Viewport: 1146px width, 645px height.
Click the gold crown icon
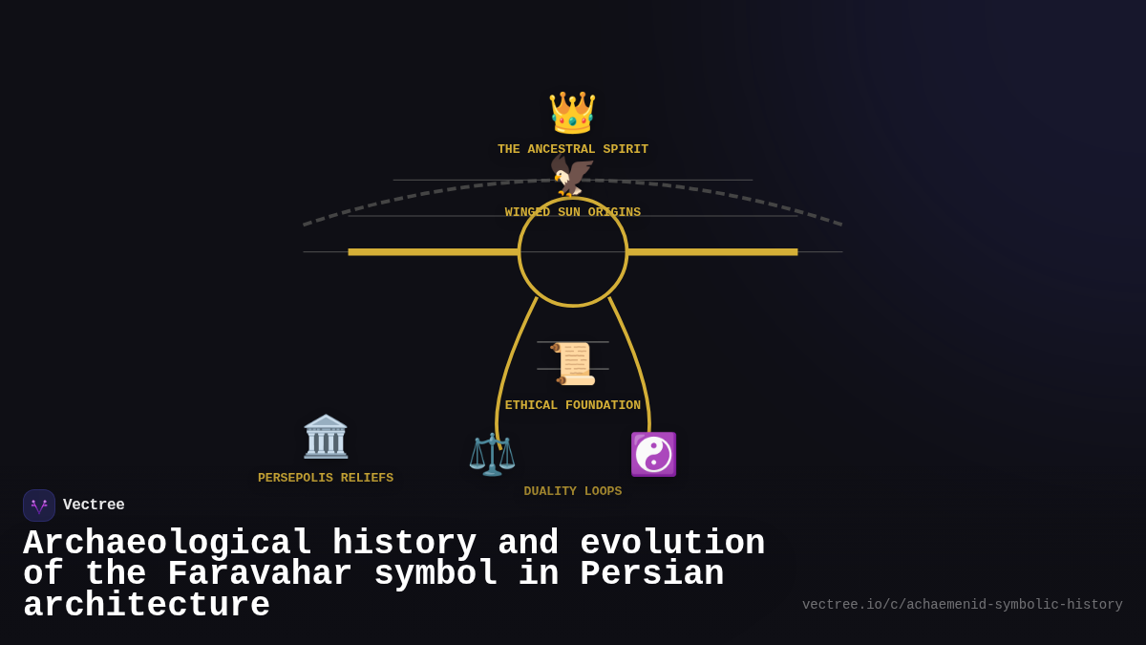point(572,113)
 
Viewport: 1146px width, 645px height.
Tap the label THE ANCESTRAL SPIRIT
point(572,150)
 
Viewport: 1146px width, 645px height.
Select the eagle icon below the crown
point(572,176)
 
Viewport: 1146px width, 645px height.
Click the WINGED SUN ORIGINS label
point(572,212)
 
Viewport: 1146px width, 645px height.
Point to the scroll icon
point(573,364)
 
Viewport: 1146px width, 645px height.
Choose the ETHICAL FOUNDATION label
point(572,406)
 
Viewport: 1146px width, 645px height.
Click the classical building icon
point(326,437)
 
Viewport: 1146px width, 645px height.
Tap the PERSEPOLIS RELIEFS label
point(326,478)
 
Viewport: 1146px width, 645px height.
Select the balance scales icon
point(492,454)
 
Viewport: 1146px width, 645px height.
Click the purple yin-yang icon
point(653,454)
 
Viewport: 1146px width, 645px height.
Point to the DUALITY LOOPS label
point(572,491)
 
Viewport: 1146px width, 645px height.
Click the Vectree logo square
point(39,505)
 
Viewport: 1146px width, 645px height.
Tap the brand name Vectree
point(94,505)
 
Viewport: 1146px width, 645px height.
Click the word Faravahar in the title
point(260,574)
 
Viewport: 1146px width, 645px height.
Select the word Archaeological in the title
point(167,544)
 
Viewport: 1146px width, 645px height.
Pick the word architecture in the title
point(146,606)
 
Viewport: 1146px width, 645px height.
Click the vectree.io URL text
point(962,605)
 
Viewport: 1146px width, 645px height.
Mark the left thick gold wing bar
point(433,252)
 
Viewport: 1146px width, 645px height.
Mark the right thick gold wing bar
point(712,252)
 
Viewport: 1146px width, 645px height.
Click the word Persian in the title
point(651,574)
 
